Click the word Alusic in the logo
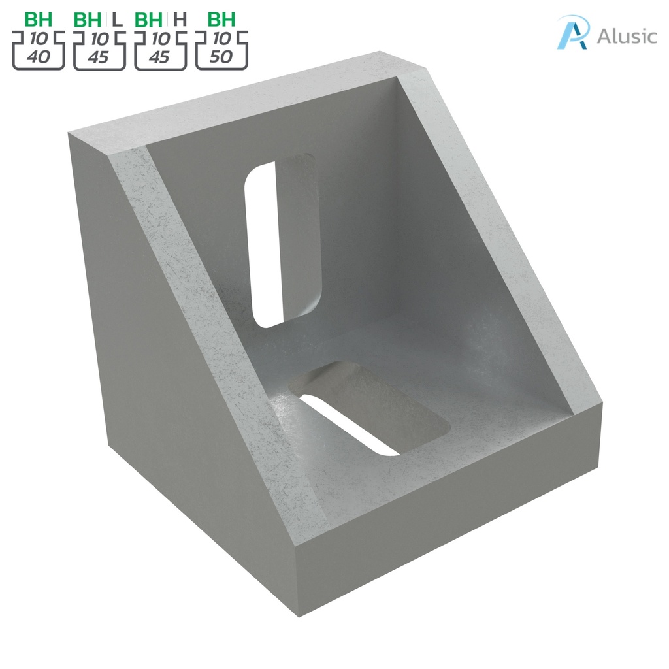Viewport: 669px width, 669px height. (627, 35)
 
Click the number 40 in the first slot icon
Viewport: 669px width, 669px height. (39, 57)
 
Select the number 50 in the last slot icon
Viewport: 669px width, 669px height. (222, 57)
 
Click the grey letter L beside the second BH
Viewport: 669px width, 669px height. (118, 19)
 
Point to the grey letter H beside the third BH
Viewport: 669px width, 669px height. (180, 19)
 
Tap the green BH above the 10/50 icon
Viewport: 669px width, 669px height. (221, 19)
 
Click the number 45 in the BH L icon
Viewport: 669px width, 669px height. (98, 57)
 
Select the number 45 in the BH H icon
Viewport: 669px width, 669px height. (159, 57)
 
